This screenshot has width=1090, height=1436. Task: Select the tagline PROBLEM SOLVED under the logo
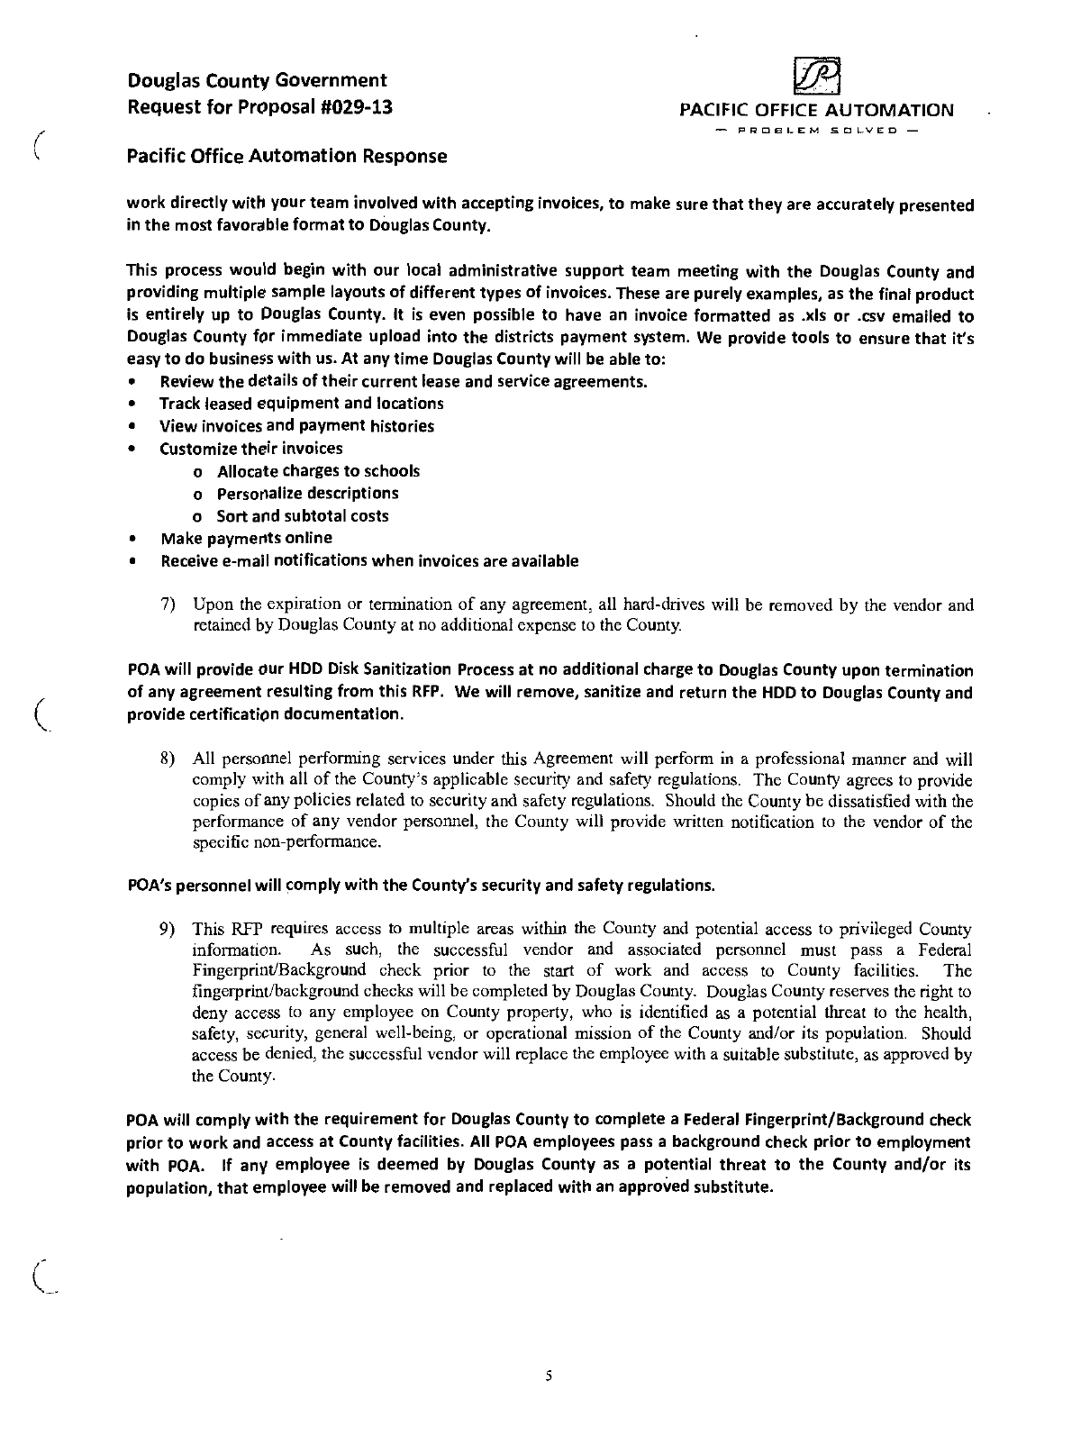815,132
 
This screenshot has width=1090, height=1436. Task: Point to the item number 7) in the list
167,604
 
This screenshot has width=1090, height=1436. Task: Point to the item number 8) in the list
167,759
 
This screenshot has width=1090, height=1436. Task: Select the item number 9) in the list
167,929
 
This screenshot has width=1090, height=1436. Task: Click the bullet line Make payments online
246,539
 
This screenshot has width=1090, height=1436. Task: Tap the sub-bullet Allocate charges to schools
318,471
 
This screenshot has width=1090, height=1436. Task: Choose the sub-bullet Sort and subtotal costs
303,516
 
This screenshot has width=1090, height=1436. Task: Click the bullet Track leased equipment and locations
301,404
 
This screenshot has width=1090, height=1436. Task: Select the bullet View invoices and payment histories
296,426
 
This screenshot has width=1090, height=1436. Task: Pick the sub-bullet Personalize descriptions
307,494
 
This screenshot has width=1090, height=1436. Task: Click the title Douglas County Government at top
258,81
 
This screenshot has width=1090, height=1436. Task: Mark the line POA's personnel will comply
422,886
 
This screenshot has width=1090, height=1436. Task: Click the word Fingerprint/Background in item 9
279,970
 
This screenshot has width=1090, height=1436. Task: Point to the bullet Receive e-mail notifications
369,561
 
